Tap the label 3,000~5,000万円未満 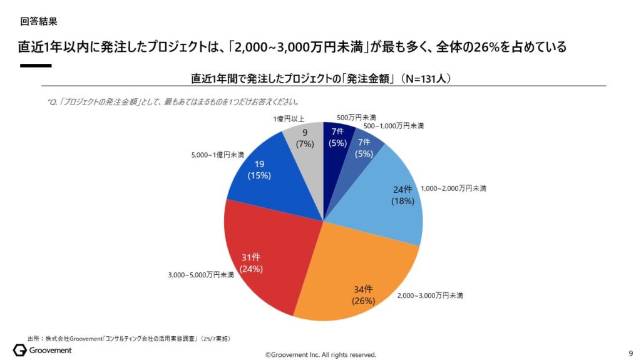pyautogui.click(x=200, y=274)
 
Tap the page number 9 pyautogui.click(x=630, y=352)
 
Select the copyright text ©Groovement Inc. pyautogui.click(x=320, y=354)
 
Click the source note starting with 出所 pyautogui.click(x=129, y=338)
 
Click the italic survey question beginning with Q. pyautogui.click(x=173, y=101)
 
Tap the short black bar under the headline pyautogui.click(x=35, y=65)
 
